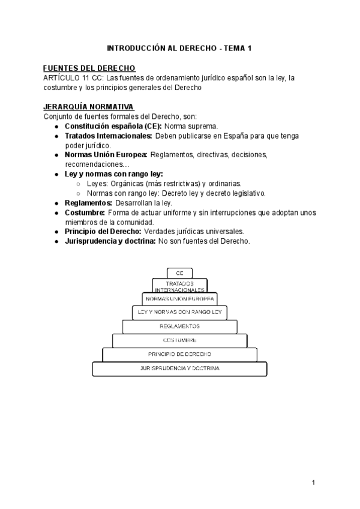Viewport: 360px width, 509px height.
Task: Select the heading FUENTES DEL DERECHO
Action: (90, 68)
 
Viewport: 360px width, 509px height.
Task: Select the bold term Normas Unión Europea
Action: (106, 155)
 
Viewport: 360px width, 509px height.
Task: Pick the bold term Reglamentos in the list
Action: (88, 203)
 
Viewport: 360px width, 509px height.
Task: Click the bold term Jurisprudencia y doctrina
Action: (110, 241)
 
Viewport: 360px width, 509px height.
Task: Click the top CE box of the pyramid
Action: (179, 273)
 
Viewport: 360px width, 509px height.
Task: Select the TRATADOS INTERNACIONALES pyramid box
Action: (179, 286)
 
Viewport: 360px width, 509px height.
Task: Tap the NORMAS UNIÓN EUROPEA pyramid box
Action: (179, 298)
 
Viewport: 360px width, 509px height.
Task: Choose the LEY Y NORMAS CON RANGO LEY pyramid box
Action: (179, 312)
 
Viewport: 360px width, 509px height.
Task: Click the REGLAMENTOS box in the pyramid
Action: (179, 326)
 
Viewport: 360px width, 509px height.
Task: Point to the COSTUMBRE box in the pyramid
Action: (179, 340)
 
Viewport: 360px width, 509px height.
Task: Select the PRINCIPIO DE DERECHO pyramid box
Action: (179, 354)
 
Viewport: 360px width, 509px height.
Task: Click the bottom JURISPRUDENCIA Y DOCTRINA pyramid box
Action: (179, 368)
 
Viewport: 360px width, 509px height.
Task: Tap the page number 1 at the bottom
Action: (314, 482)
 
